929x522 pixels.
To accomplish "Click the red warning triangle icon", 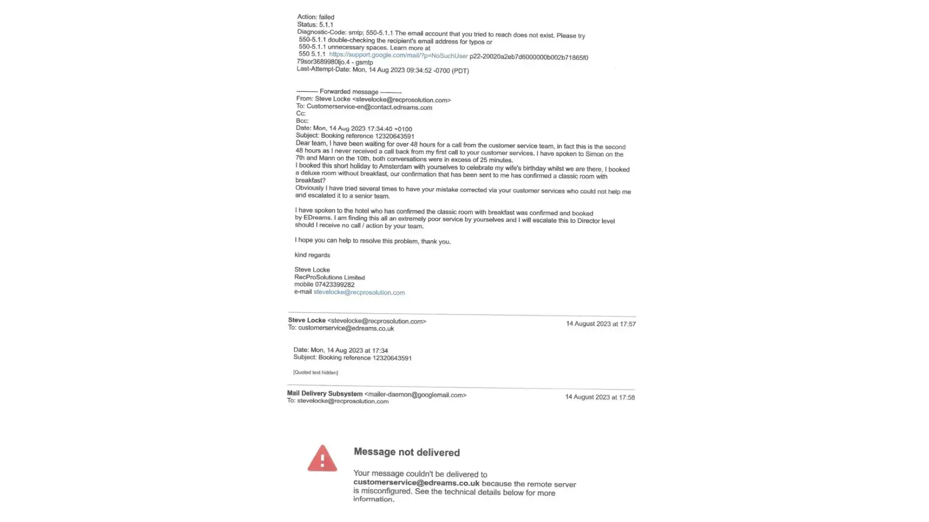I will [322, 459].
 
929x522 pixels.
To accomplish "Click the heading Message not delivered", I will [407, 452].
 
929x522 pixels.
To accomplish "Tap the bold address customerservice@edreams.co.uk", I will [416, 483].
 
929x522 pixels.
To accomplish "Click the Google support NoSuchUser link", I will [398, 55].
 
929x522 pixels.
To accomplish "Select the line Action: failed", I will [316, 17].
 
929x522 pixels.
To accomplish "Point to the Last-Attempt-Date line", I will [382, 70].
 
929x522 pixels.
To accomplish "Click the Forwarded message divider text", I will [349, 91].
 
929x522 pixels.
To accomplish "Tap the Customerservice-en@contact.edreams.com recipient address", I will [369, 107].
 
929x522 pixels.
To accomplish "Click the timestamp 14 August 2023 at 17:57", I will [601, 324].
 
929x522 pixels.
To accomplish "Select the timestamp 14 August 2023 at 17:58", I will [600, 397].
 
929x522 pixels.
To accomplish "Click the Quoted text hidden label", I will [316, 372].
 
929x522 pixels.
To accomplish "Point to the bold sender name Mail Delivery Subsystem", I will [324, 393].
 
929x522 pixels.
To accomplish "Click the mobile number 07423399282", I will [334, 284].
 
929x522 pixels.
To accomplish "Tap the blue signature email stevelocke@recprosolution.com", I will [359, 292].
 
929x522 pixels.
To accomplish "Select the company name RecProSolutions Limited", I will [329, 277].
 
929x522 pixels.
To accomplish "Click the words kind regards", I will [312, 255].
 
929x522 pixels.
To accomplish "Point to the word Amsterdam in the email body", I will [396, 167].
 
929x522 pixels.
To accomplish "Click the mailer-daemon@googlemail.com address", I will [415, 395].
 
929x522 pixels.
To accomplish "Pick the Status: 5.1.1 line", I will [315, 25].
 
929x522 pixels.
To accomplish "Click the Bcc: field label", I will [302, 121].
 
